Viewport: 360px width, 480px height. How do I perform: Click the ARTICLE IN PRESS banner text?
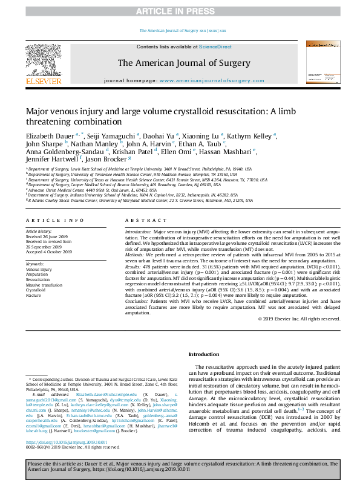(180, 11)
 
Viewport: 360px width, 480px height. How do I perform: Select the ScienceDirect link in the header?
(216, 47)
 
